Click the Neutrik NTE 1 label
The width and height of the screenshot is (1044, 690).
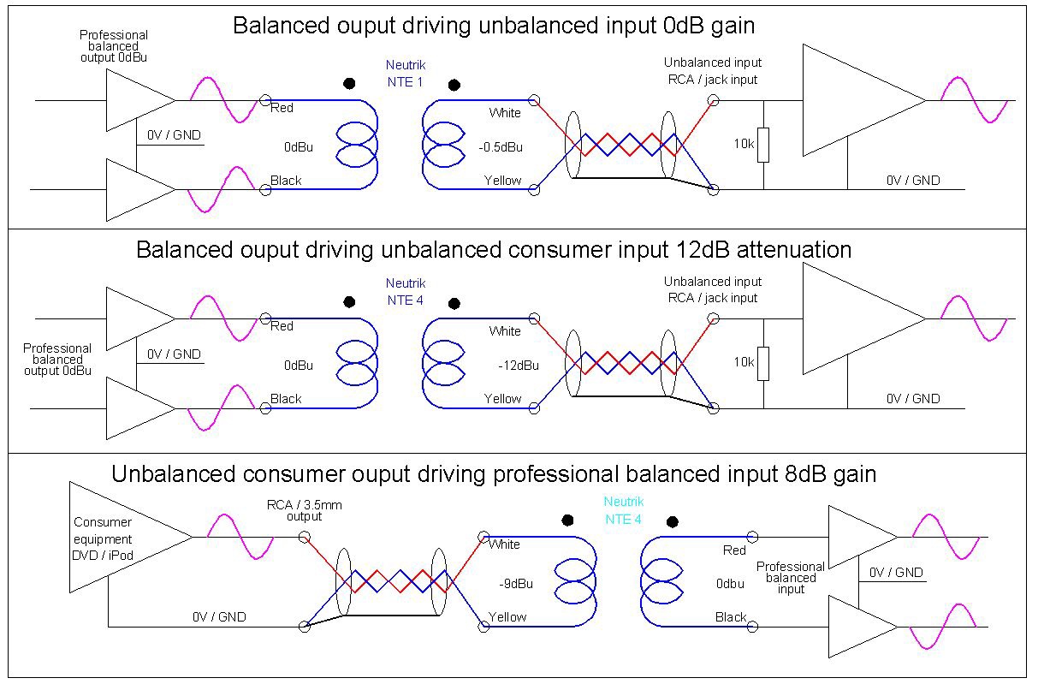(405, 74)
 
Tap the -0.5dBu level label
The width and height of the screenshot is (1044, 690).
(501, 147)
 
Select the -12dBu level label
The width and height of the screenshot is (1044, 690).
(519, 366)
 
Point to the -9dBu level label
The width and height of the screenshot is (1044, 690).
(515, 584)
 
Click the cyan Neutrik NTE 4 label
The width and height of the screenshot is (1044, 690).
(623, 510)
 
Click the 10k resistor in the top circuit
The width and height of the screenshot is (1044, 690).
(762, 145)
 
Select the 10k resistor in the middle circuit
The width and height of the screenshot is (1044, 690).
(762, 363)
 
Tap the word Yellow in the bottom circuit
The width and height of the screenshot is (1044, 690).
(507, 617)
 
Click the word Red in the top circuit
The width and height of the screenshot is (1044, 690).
(282, 109)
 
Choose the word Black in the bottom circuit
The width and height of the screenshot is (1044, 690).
(731, 617)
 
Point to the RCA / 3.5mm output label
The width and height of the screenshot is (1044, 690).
(304, 510)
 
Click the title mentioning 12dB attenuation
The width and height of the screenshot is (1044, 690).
(494, 250)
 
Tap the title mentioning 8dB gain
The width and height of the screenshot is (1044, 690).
(494, 473)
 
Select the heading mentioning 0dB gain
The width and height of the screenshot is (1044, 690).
(494, 26)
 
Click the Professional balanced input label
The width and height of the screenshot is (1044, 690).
(791, 578)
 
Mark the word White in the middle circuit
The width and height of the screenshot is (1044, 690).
(505, 331)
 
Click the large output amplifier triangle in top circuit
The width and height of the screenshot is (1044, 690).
(860, 100)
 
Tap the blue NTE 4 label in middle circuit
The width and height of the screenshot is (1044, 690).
(405, 292)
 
